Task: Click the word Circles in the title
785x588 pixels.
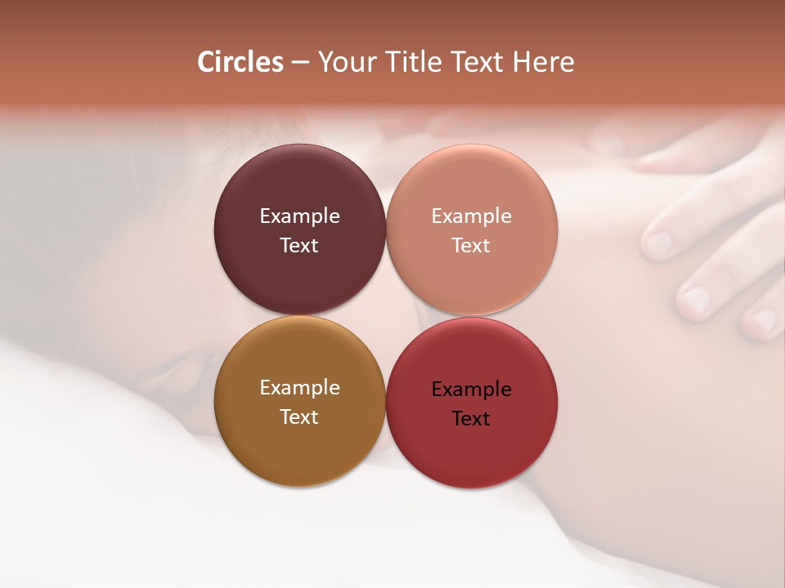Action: click(x=240, y=62)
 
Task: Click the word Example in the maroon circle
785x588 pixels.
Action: click(x=299, y=216)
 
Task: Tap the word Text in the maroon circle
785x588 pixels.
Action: click(x=299, y=246)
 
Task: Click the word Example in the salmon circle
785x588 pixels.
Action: click(x=472, y=216)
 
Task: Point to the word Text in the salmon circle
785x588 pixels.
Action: click(x=472, y=246)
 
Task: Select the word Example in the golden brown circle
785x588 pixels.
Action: click(x=299, y=388)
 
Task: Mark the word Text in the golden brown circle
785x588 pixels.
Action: click(x=299, y=417)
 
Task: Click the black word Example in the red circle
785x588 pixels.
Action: click(x=472, y=390)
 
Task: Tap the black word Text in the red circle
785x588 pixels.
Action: click(x=472, y=419)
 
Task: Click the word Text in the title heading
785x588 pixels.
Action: click(x=477, y=62)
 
